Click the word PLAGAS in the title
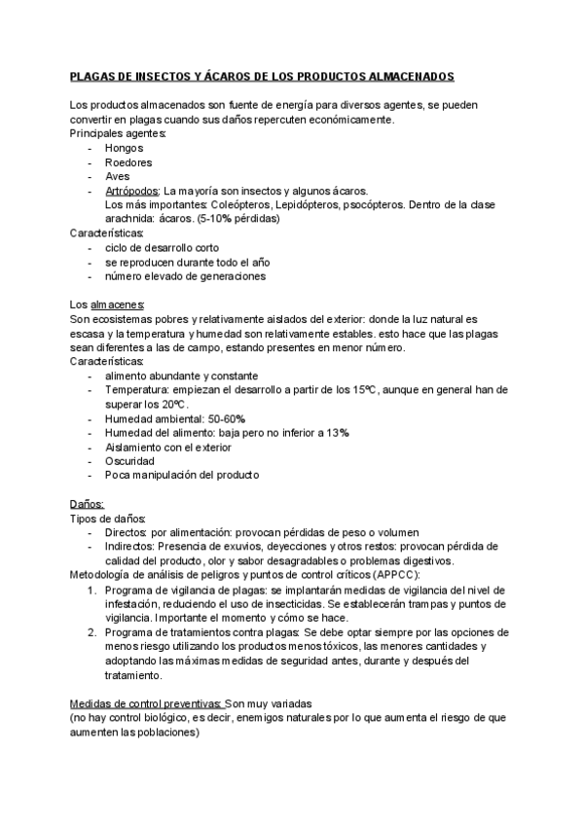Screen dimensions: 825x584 click(93, 75)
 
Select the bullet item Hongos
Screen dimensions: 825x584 click(124, 148)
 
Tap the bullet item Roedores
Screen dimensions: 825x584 click(128, 162)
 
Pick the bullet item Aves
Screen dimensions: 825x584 click(117, 176)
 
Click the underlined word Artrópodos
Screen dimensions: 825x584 click(132, 191)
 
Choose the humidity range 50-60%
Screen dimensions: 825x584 click(227, 417)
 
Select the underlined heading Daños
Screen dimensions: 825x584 click(87, 504)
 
